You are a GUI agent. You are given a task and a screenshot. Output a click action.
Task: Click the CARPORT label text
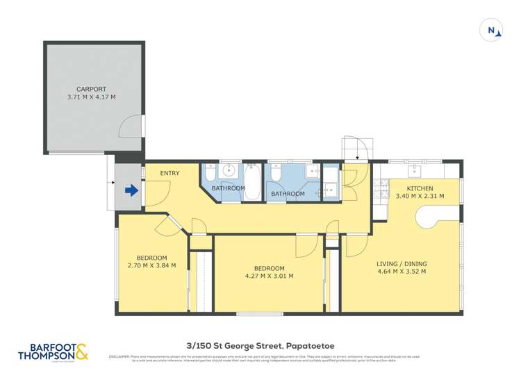pyautogui.click(x=91, y=89)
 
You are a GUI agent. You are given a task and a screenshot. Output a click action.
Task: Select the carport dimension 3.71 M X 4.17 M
pyautogui.click(x=91, y=98)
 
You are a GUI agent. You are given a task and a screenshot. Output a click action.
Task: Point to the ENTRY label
pyautogui.click(x=169, y=173)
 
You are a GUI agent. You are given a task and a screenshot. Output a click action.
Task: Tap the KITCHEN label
pyautogui.click(x=420, y=188)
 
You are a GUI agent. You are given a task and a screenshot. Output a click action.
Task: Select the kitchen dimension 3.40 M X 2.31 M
pyautogui.click(x=420, y=197)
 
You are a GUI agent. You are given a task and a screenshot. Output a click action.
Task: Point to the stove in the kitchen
pyautogui.click(x=381, y=188)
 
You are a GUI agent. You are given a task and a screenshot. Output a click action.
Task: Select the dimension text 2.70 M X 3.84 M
pyautogui.click(x=151, y=265)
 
